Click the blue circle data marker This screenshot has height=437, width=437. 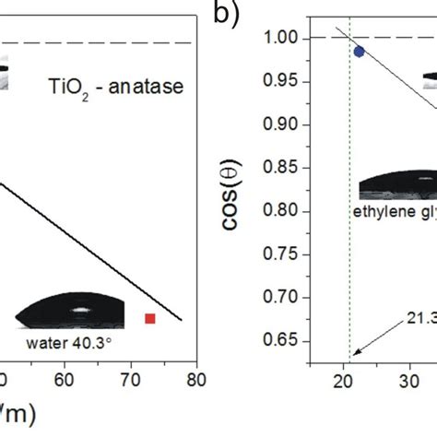(359, 52)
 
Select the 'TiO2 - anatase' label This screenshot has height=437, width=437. (97, 89)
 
